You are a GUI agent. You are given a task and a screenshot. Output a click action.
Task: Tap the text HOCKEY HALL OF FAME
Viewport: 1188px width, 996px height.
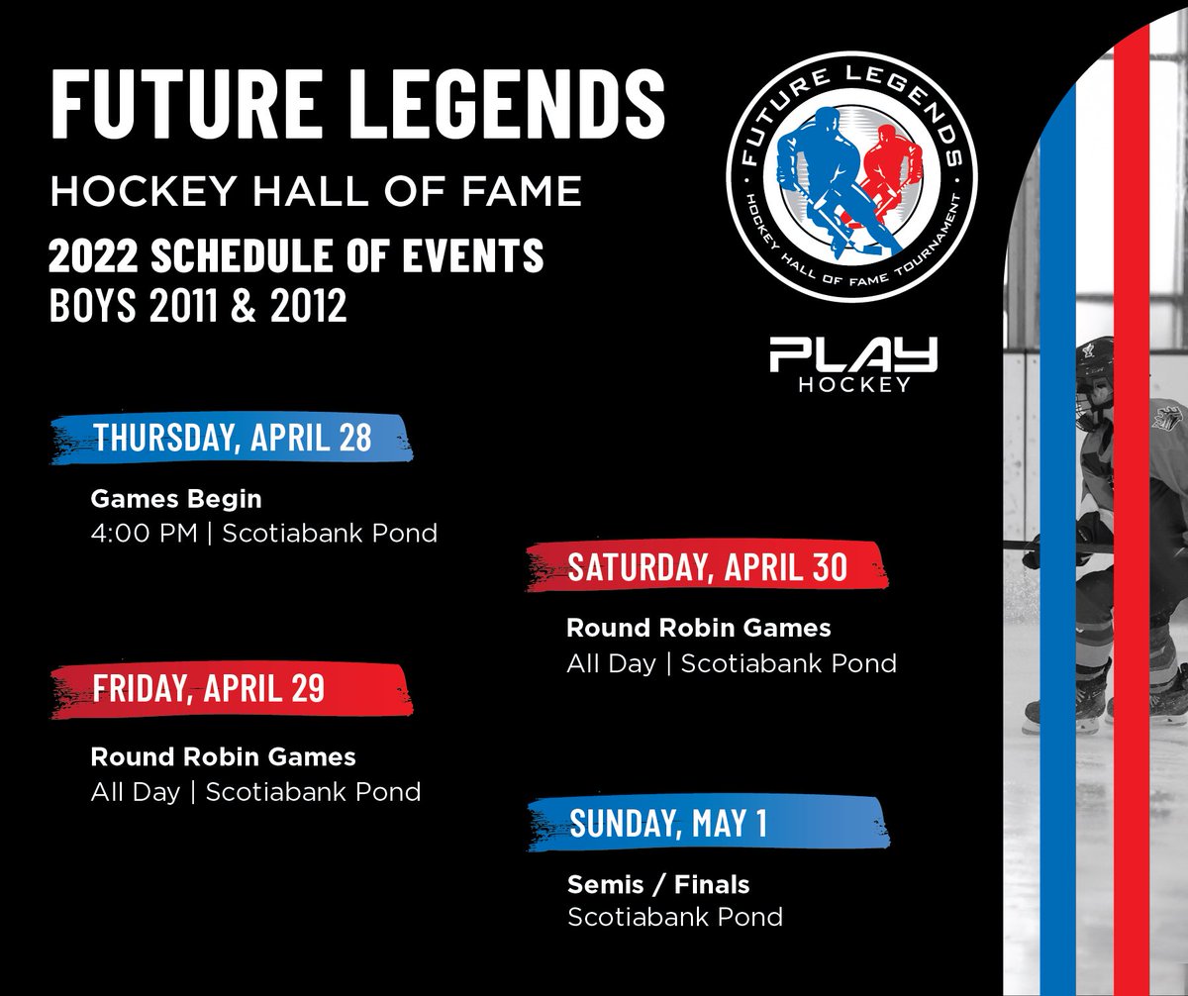tap(316, 191)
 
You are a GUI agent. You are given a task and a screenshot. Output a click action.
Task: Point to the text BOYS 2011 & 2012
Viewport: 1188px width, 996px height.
tap(198, 306)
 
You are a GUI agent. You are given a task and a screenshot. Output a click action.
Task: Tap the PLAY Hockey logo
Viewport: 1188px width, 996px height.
tap(853, 364)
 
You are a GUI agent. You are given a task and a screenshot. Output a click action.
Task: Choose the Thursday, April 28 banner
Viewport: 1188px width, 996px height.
tap(232, 439)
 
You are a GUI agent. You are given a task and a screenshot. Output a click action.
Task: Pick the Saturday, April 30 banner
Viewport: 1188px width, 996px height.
tap(707, 567)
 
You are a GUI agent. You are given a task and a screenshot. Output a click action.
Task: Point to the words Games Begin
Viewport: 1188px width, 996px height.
tap(176, 498)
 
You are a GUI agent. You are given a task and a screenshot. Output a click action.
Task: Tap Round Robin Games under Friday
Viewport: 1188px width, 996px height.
tap(223, 757)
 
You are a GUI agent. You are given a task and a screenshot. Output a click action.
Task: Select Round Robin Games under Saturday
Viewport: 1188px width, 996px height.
tap(698, 628)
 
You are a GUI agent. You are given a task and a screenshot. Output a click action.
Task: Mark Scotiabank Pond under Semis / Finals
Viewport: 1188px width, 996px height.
tap(674, 917)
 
